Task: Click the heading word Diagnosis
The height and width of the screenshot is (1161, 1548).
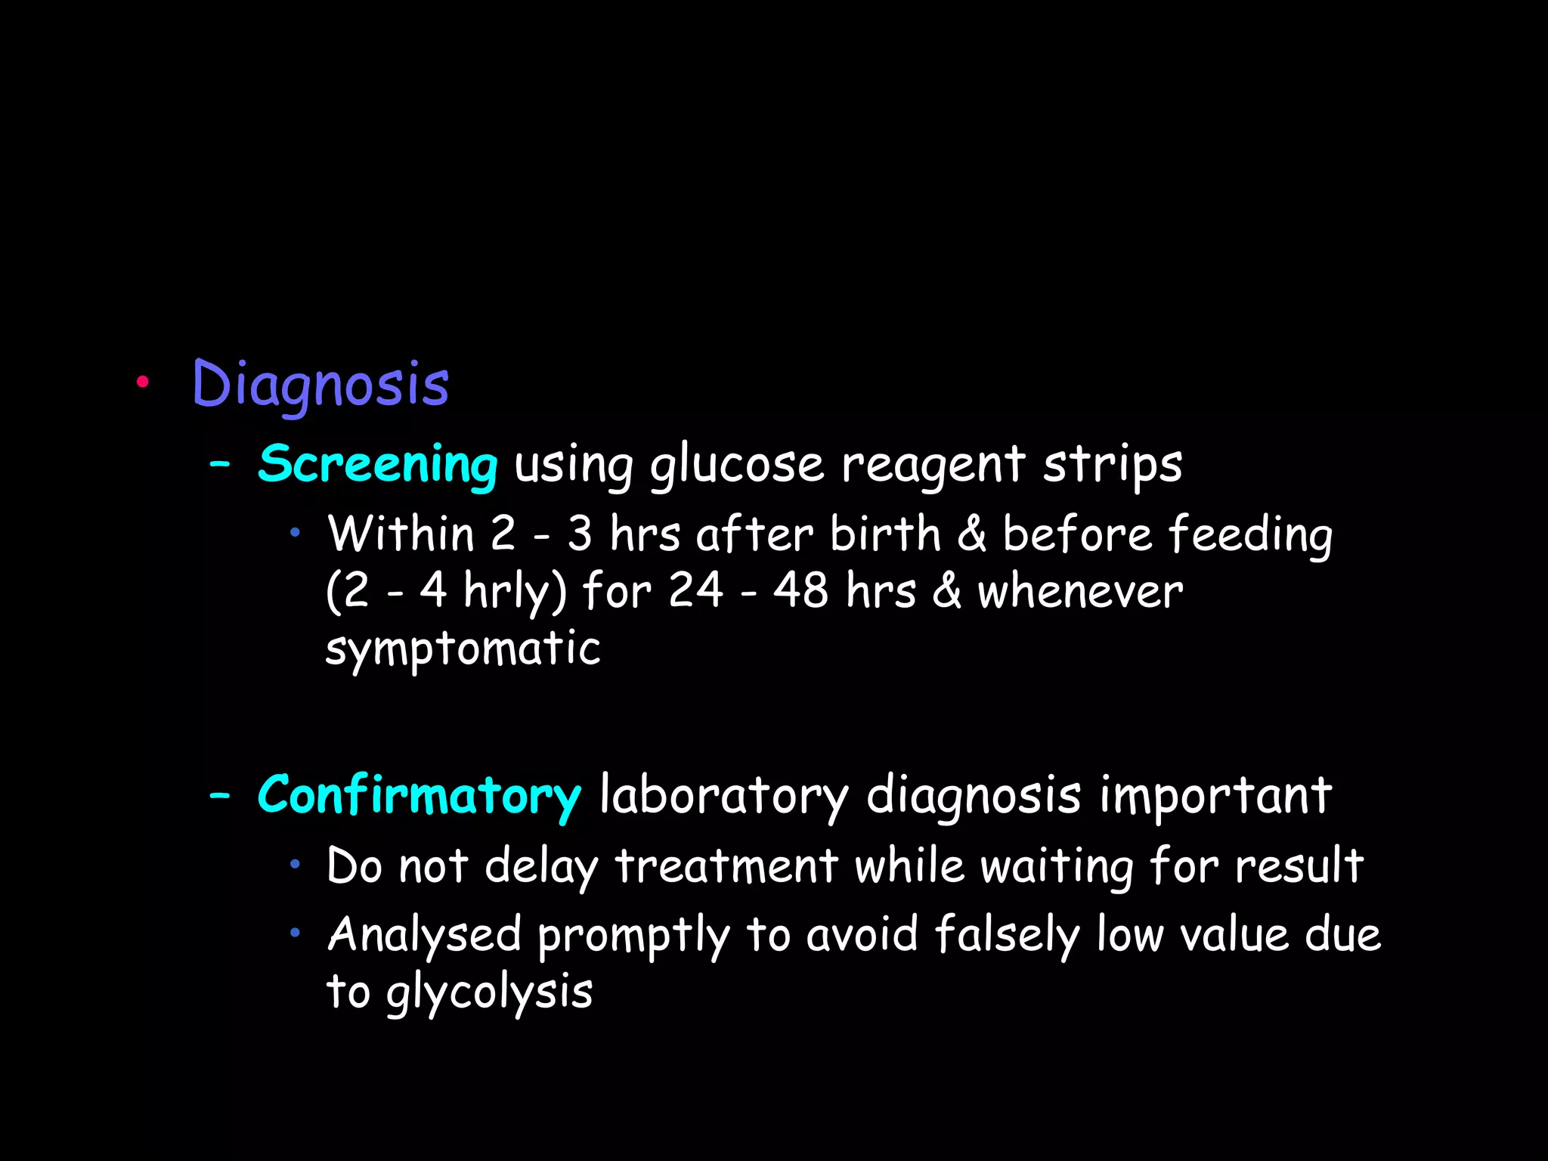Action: point(320,384)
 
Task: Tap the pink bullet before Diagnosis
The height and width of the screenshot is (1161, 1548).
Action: point(141,382)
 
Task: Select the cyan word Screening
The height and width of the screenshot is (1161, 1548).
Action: point(377,463)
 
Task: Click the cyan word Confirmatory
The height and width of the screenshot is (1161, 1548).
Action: point(419,795)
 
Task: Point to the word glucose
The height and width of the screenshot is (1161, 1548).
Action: point(737,463)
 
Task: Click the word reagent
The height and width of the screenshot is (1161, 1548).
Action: point(933,463)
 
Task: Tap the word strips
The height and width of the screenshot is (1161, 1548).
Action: point(1113,463)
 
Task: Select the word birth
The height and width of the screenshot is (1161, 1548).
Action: point(885,534)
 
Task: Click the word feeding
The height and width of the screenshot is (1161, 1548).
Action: point(1250,534)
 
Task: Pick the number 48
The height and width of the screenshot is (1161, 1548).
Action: point(800,590)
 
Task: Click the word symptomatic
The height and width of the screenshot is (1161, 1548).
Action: point(463,648)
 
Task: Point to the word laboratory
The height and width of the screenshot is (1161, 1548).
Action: point(724,795)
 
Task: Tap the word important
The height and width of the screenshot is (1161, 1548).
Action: point(1215,795)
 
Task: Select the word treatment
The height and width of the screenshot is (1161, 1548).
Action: point(726,865)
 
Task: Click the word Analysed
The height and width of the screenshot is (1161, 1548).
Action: point(424,934)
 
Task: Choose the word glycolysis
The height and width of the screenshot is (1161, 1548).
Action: point(489,992)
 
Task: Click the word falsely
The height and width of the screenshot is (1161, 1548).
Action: point(1007,934)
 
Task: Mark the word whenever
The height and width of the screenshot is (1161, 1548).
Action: point(1080,590)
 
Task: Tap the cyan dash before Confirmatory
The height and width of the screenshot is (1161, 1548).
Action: point(220,795)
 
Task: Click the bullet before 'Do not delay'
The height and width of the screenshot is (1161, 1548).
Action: point(296,864)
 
